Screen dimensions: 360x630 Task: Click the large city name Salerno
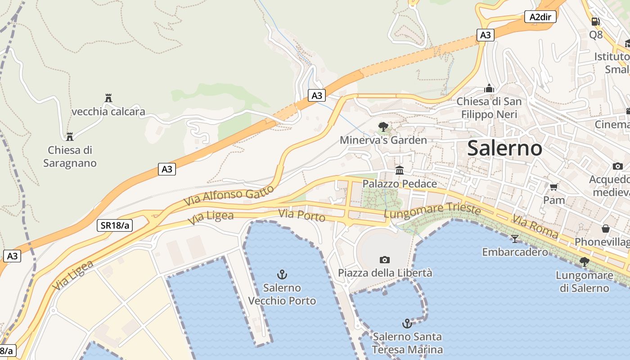(x=504, y=148)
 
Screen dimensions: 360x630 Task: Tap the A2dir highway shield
(x=540, y=17)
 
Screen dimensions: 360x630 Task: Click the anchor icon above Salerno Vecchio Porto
(x=282, y=274)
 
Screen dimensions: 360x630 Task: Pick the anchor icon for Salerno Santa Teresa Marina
(x=407, y=323)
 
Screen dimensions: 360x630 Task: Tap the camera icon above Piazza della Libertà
(x=384, y=260)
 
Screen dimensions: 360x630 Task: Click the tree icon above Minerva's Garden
(x=383, y=126)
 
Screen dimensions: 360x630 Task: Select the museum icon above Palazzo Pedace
(x=400, y=170)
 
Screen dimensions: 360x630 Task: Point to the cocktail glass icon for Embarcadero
(x=515, y=238)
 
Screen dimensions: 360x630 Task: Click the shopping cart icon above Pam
(x=554, y=186)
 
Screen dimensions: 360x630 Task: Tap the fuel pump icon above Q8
(x=595, y=21)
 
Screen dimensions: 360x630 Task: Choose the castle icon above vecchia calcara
(x=108, y=98)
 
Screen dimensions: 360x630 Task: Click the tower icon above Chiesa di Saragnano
(x=70, y=136)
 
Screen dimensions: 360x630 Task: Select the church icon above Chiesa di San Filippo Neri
(x=489, y=88)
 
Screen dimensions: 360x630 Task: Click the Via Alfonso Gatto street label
(x=229, y=196)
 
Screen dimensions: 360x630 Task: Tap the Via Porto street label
(x=301, y=215)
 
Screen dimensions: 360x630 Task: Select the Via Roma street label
(x=535, y=227)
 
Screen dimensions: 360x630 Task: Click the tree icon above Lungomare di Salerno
(x=584, y=261)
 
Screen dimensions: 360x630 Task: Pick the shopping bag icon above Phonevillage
(x=606, y=229)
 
